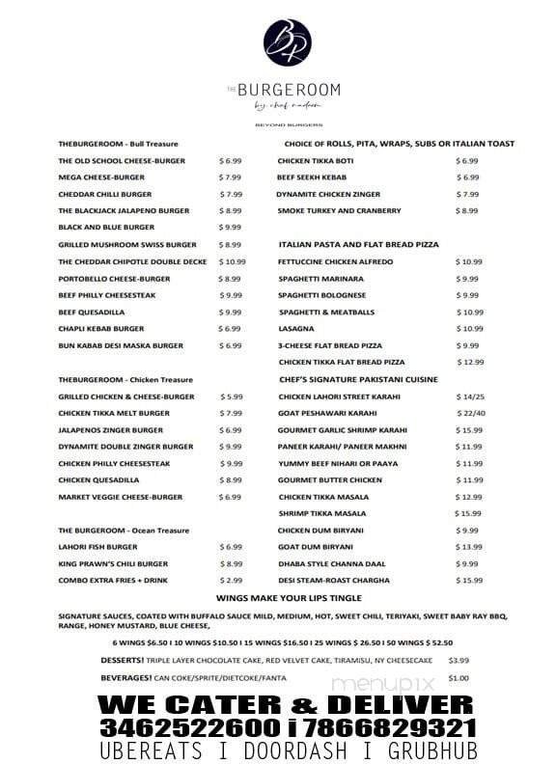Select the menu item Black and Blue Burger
tap(106, 228)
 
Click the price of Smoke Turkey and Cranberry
tap(466, 210)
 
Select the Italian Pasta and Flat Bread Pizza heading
tap(358, 245)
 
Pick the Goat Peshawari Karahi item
tap(324, 413)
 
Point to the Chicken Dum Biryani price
tap(468, 531)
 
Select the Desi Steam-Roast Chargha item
tap(334, 581)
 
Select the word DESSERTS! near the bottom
tap(125, 661)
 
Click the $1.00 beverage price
tap(459, 677)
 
